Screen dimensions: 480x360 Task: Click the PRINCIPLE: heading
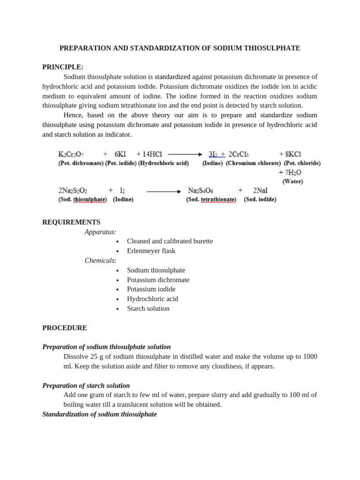[63, 67]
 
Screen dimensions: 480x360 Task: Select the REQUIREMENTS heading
[71, 222]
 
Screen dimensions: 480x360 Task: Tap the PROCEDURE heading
[65, 328]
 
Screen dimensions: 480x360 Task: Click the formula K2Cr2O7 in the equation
[72, 154]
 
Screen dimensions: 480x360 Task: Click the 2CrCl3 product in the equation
[239, 154]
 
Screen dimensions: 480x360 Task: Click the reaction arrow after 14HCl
[185, 154]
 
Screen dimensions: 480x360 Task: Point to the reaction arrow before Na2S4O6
[164, 191]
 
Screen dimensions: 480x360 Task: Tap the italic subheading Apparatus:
[100, 232]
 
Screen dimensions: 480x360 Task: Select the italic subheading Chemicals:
[100, 261]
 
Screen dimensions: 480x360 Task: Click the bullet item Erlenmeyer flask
[151, 251]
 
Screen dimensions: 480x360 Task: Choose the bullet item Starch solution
[148, 308]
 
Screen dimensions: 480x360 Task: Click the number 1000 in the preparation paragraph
[310, 357]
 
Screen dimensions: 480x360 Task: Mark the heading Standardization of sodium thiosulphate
[99, 414]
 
